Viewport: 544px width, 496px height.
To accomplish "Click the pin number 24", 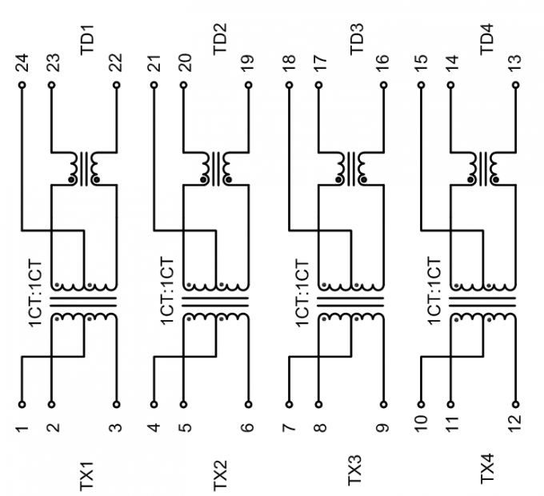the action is (23, 62).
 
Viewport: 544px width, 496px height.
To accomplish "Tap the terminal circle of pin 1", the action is (22, 404).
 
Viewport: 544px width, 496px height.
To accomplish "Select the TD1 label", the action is (87, 39).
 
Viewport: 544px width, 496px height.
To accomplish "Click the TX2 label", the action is (220, 475).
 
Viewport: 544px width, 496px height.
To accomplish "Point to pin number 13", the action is (516, 63).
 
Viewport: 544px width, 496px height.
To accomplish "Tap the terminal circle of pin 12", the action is (516, 404).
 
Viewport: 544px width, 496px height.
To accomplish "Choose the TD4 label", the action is (486, 39).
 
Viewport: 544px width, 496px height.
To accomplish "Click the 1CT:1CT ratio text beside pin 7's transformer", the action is (302, 293).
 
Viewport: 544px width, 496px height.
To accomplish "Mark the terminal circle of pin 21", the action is (154, 85).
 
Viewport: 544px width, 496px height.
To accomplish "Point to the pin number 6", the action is (248, 426).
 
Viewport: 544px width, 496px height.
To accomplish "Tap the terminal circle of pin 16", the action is (383, 85).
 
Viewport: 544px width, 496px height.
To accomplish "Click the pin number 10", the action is (421, 425).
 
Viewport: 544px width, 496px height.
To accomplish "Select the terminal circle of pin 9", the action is (383, 404).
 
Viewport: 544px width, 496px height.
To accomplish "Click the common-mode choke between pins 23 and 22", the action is (84, 169).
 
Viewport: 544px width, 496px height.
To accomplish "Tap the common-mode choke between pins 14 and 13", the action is (483, 169).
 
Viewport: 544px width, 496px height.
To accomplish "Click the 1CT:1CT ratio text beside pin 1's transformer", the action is (36, 293).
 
